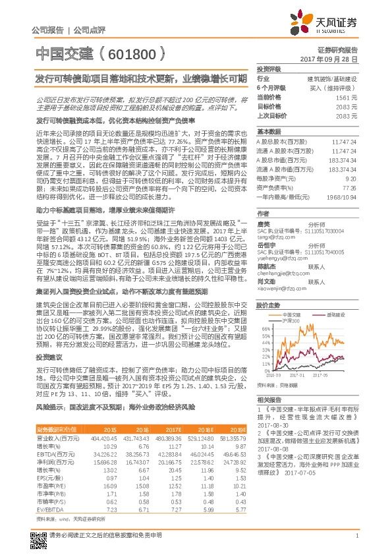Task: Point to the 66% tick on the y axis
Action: coord(265,328)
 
